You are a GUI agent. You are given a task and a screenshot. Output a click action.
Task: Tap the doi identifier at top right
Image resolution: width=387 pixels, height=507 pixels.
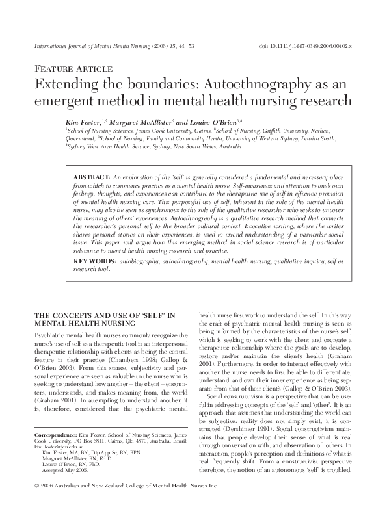316,47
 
